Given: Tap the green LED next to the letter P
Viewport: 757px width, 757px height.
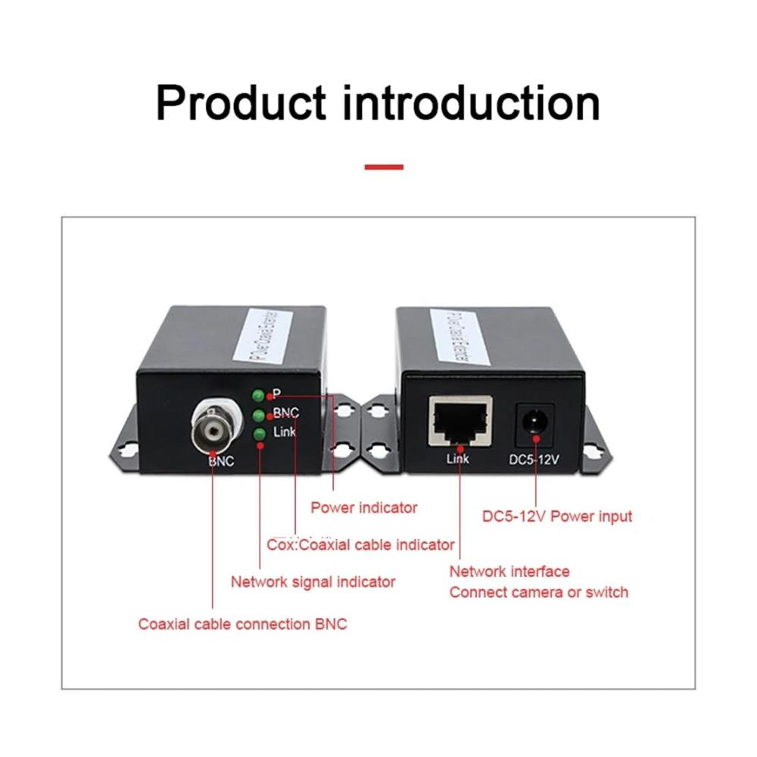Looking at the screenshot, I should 258,396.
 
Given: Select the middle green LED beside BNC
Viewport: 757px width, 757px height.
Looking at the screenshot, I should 258,415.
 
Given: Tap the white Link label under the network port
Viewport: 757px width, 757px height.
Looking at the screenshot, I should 458,459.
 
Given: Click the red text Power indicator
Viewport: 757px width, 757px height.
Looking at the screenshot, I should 364,508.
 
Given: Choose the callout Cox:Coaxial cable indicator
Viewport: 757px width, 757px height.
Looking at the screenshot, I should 361,545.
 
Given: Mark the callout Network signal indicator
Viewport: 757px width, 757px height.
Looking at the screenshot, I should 313,582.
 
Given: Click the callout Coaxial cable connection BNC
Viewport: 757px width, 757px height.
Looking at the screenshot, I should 242,625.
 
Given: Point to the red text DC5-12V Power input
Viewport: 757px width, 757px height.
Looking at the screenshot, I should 557,517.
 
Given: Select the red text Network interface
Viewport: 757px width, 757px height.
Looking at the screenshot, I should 509,572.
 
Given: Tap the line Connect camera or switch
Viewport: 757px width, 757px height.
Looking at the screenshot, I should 539,592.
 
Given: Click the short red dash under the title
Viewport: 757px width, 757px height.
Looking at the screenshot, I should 384,167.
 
